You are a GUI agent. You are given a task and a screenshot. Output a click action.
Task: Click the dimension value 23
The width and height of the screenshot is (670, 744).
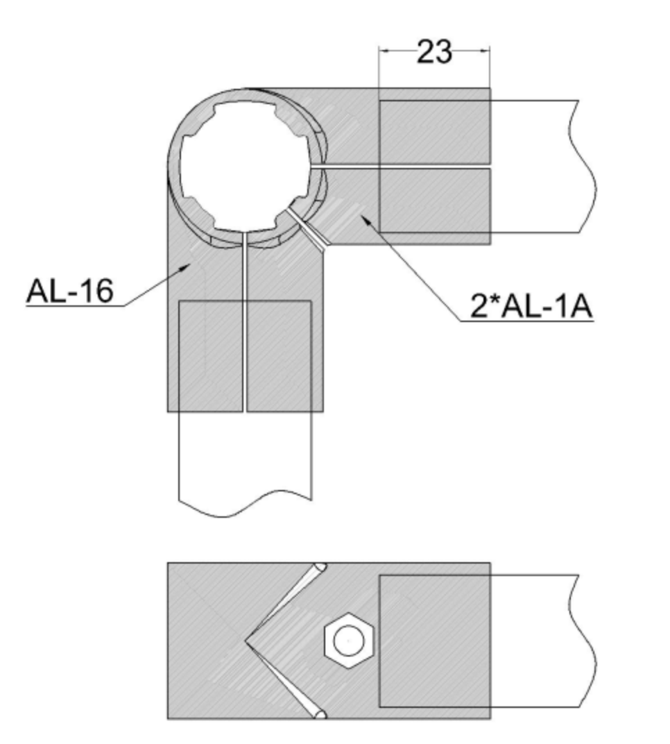[434, 51]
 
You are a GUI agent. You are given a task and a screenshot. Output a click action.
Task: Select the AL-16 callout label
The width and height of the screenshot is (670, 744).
[70, 290]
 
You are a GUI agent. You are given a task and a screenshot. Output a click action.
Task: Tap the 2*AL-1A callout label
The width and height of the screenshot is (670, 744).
[531, 306]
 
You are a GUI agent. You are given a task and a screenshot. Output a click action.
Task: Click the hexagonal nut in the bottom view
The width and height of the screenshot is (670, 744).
[348, 641]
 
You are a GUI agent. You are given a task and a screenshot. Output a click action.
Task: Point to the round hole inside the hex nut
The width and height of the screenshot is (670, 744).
[349, 641]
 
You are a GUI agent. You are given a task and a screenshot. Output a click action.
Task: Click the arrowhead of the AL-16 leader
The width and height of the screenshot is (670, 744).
[184, 269]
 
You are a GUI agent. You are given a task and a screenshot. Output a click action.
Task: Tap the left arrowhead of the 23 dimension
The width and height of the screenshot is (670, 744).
[384, 50]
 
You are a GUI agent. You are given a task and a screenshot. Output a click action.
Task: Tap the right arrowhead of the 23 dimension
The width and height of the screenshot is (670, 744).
[484, 50]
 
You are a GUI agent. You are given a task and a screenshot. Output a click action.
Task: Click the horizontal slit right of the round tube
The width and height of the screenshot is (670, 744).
[401, 167]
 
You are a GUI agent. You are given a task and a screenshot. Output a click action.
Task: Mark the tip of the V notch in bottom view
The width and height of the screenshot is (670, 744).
[245, 641]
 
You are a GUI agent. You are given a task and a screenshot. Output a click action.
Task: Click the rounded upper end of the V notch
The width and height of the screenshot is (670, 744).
[320, 567]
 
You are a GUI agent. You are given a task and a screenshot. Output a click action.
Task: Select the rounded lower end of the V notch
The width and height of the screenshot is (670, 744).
[320, 714]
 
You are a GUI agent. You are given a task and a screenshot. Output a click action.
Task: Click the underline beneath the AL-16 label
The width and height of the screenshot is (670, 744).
[76, 306]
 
